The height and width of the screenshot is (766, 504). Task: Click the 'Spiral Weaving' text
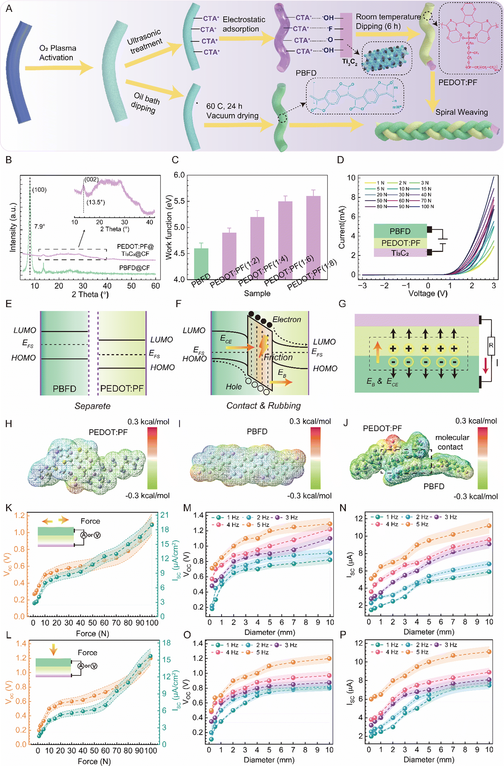[x=461, y=112]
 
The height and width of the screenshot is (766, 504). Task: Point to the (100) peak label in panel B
[x=39, y=190]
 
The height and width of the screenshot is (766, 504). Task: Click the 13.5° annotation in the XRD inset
[x=96, y=203]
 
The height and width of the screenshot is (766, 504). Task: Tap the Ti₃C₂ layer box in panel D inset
[x=400, y=253]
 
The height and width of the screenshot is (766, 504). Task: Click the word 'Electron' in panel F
[x=286, y=319]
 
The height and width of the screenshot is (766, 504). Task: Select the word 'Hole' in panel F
[x=233, y=387]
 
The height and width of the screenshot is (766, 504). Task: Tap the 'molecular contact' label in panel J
[x=452, y=442]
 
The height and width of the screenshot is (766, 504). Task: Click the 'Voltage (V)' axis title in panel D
[x=428, y=293]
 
